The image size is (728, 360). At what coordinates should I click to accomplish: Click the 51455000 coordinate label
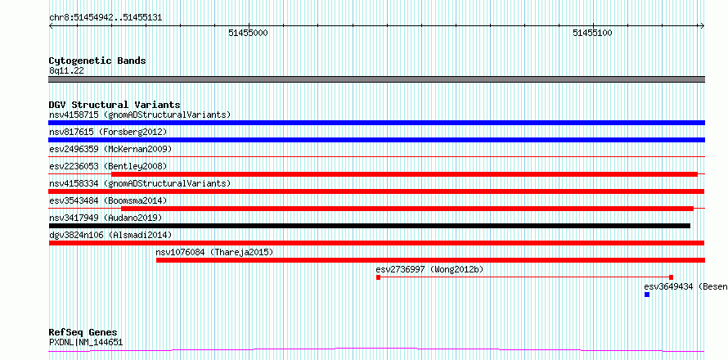tap(249, 33)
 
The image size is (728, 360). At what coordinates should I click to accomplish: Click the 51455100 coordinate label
tap(592, 33)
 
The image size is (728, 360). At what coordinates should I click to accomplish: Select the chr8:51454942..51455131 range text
tap(106, 18)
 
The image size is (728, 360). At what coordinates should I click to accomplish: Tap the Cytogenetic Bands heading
tap(97, 61)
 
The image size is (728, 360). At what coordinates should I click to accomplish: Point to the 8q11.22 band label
tap(66, 71)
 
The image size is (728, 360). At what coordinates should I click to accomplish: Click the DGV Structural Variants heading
tap(115, 105)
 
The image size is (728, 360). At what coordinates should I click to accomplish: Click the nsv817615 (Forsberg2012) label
tap(108, 132)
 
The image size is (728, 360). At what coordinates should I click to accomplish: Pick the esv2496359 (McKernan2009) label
tap(110, 149)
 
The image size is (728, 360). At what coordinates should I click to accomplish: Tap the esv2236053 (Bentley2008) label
tap(108, 166)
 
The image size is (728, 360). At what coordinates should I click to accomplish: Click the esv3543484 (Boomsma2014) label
tap(108, 200)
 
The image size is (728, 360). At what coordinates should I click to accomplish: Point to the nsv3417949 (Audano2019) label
tap(106, 218)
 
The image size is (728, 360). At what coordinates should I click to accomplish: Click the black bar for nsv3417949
tap(369, 226)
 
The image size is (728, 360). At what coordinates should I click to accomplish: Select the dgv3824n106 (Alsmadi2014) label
tap(110, 235)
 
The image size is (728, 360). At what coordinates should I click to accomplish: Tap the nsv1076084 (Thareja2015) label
tap(214, 252)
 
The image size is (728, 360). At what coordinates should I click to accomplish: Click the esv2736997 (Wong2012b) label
tap(430, 269)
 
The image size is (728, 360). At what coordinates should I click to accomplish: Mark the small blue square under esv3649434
tap(647, 295)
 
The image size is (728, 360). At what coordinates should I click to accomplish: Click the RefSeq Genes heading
tap(83, 333)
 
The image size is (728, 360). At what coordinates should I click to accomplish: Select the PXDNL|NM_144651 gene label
tap(86, 343)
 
